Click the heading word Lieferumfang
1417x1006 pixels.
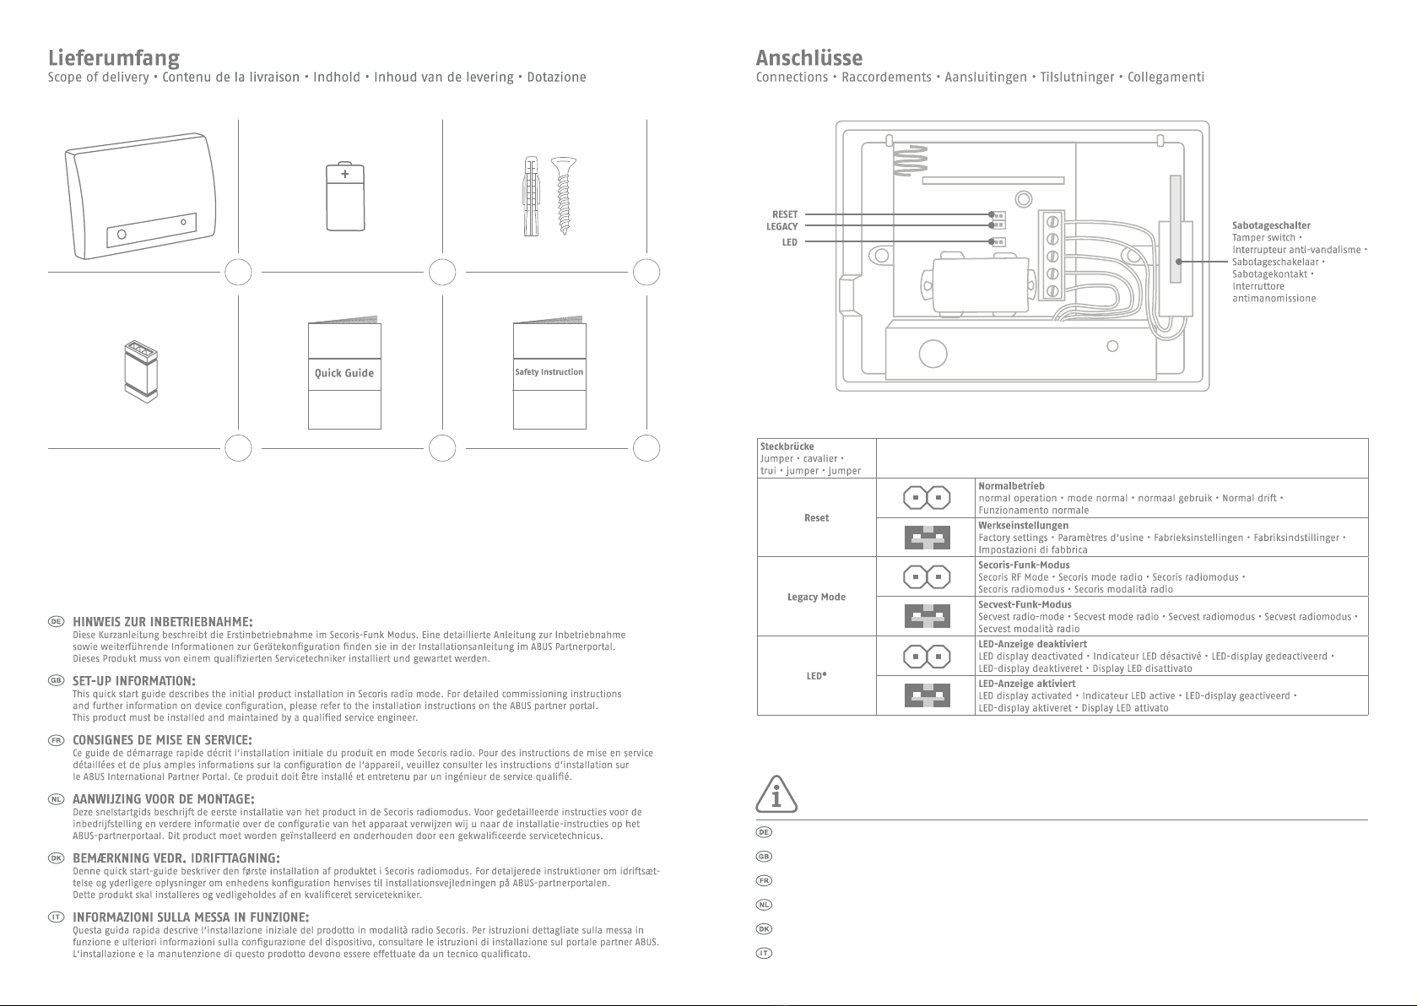point(114,58)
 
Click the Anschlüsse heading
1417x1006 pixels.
point(809,58)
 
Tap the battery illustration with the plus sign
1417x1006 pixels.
point(345,197)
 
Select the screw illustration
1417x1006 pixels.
point(562,195)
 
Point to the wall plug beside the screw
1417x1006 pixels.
point(531,196)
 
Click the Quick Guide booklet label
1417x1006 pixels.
point(344,373)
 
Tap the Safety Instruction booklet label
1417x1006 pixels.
point(549,372)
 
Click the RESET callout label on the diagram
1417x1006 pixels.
point(785,214)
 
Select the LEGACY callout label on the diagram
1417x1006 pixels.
point(782,226)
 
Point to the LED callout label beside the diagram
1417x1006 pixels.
point(789,242)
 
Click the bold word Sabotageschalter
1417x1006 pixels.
point(1271,225)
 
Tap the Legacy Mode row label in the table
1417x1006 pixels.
point(816,597)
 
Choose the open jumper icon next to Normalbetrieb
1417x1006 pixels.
point(927,498)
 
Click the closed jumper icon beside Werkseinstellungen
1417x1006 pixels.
point(927,538)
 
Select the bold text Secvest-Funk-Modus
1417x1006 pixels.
point(1025,604)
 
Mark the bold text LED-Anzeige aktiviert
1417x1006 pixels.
point(1026,684)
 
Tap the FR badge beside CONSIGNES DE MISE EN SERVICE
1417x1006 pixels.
point(56,740)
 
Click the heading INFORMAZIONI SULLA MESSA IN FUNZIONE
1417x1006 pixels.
point(191,917)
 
